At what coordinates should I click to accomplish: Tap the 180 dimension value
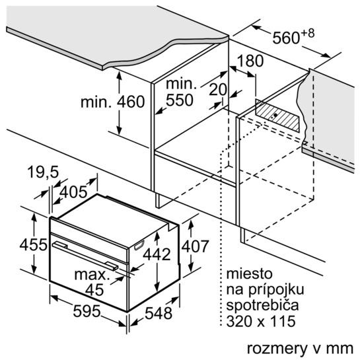point(250,61)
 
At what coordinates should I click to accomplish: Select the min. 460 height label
point(112,102)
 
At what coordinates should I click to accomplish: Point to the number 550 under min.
point(180,100)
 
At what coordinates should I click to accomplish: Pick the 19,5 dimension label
point(43,172)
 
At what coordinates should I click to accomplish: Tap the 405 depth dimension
point(73,192)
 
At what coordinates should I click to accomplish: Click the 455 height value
point(34,244)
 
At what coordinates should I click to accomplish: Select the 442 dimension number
point(157,254)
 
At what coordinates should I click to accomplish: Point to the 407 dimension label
point(195,246)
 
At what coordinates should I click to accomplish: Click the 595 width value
point(87,311)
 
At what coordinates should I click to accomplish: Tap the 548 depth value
point(159,313)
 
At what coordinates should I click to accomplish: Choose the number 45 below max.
point(94,290)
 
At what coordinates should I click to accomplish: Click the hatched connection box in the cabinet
point(277,116)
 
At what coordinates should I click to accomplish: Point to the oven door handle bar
point(85,255)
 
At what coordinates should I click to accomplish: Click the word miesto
point(249,273)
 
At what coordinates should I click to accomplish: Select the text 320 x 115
point(261,321)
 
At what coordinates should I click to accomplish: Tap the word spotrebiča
point(262,305)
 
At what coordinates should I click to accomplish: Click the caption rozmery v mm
point(300,348)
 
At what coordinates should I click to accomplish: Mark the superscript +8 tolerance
point(308,34)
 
